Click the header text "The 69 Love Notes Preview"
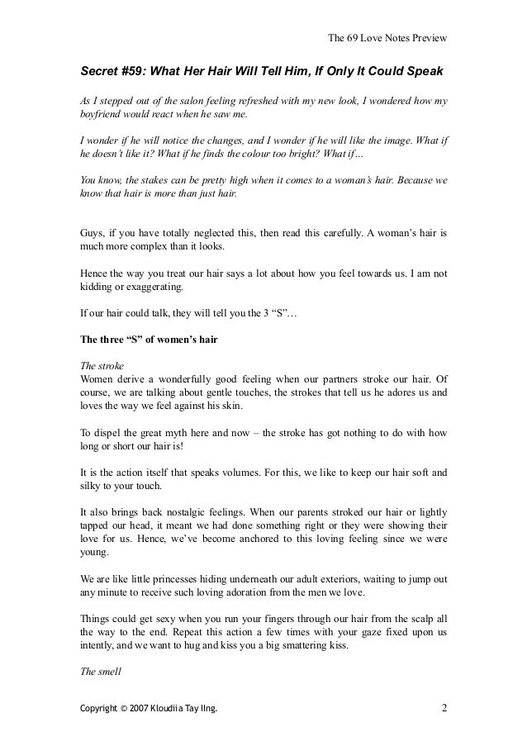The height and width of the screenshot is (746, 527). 387,36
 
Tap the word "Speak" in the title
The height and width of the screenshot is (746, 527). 425,70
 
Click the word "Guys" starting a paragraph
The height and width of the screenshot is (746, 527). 91,233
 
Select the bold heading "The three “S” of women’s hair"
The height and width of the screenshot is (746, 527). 147,337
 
